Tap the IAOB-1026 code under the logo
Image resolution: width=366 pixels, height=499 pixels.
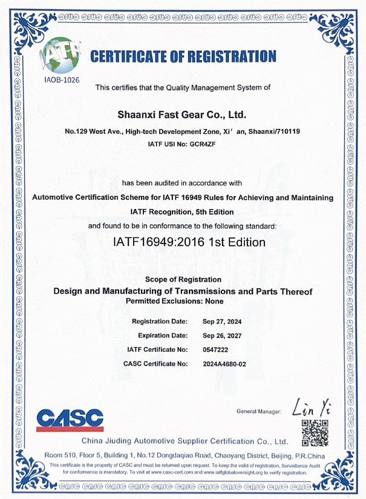click(x=62, y=79)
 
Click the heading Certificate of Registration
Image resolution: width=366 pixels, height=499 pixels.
click(x=183, y=58)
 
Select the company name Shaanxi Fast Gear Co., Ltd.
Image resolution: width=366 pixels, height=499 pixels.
click(x=183, y=114)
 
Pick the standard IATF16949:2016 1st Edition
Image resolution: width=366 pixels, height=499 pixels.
click(x=189, y=242)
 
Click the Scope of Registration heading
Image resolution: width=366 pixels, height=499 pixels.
click(x=183, y=279)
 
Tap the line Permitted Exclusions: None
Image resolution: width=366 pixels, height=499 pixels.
click(x=174, y=301)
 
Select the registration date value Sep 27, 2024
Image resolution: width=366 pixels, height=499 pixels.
click(x=222, y=321)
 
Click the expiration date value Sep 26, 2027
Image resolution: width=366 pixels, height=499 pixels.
click(x=222, y=335)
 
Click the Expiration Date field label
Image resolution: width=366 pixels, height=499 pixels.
click(x=163, y=335)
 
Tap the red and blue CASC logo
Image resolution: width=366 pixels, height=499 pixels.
click(x=70, y=419)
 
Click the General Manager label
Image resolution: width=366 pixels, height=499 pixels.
click(x=259, y=412)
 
